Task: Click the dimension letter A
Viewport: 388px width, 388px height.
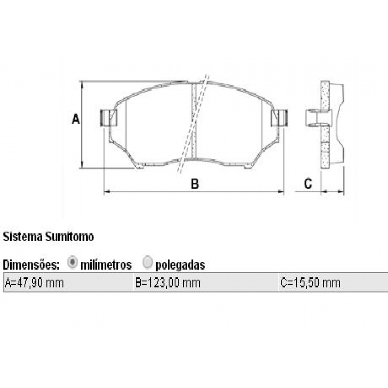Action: (76, 119)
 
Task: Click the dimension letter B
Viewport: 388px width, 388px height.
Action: (194, 184)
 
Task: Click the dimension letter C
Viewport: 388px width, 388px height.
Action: (307, 184)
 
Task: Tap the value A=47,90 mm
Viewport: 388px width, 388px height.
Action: (34, 283)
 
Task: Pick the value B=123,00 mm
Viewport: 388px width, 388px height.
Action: (168, 283)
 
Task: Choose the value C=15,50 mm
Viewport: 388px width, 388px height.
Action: (310, 283)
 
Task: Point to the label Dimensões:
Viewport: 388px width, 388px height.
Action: (32, 265)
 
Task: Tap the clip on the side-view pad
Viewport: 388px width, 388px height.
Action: (318, 118)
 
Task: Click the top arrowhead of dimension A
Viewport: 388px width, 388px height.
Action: (82, 83)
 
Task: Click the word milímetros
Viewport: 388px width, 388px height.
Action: (106, 265)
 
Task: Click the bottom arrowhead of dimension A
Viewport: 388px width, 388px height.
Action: (82, 166)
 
